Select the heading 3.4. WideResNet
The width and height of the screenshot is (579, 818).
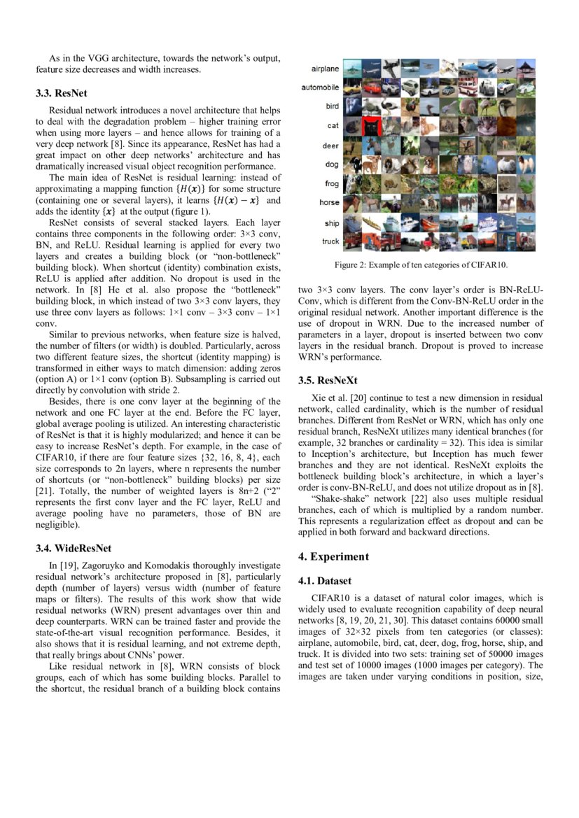pos(74,548)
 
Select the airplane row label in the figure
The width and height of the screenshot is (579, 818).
pos(325,69)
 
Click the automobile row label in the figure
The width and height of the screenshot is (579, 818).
pos(321,87)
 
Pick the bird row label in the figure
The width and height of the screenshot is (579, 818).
pos(332,106)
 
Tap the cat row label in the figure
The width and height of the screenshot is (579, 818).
pos(333,126)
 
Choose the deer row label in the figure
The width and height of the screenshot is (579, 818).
pos(330,146)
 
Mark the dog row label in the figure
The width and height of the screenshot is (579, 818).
pos(332,164)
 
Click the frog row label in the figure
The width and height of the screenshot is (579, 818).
pos(331,184)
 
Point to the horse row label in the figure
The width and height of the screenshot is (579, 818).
pos(329,203)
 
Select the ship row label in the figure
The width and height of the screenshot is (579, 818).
pos(331,223)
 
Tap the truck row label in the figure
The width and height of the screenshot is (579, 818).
pos(330,241)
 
